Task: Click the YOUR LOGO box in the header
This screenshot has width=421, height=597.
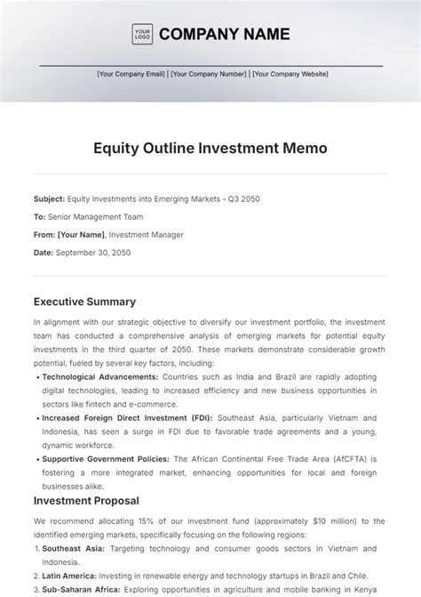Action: coord(142,34)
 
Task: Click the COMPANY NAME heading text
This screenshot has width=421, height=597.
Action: coord(224,35)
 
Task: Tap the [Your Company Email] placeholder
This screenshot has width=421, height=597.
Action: coord(131,74)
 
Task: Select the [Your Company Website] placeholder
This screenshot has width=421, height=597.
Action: coord(290,74)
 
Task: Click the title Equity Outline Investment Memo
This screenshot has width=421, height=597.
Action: coord(210,149)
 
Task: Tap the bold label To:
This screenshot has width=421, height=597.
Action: coord(39,216)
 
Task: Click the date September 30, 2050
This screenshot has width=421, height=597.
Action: coord(92,253)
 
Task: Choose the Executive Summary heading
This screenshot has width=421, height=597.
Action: coord(84,302)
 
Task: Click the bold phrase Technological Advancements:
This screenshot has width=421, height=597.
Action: coord(99,377)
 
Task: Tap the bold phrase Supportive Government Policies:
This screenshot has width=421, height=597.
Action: coord(103,459)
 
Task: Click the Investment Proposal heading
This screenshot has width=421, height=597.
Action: coord(86,501)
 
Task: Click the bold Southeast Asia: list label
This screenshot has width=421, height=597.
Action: coord(73,549)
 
